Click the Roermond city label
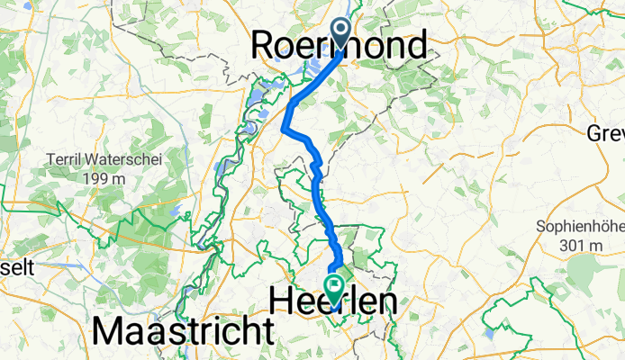point(339,44)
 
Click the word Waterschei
point(116,161)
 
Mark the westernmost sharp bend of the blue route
point(285,130)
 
